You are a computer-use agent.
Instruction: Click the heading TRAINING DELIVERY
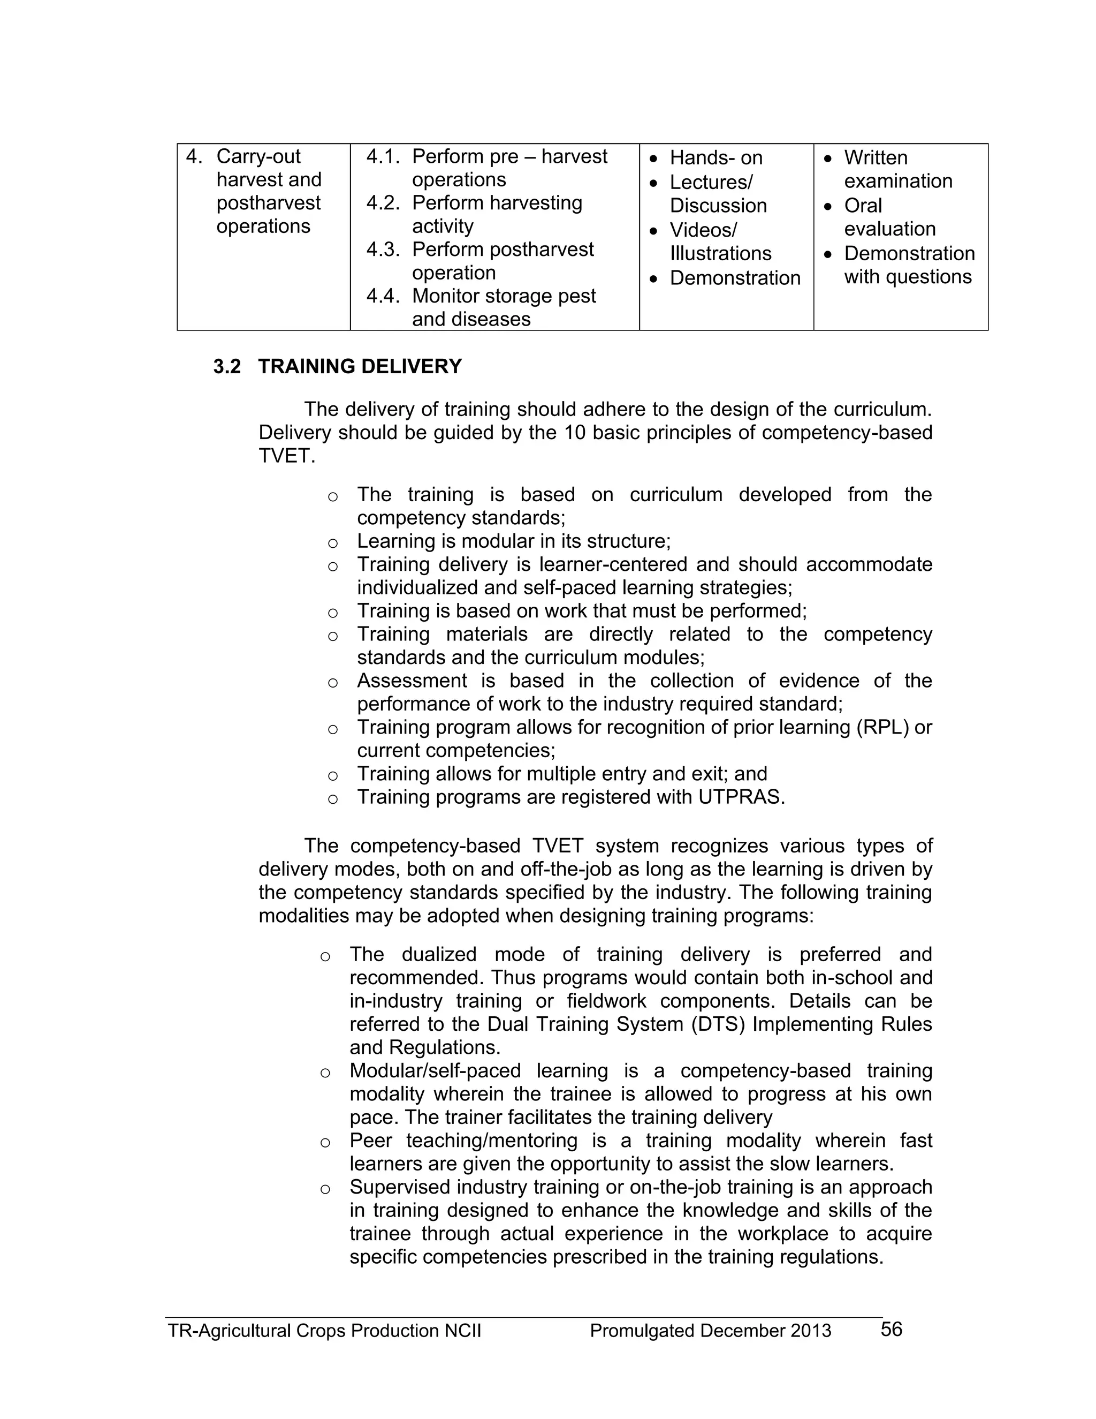click(x=360, y=367)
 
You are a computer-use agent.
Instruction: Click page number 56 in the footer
click(x=891, y=1330)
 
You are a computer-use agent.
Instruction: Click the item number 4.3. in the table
click(x=383, y=250)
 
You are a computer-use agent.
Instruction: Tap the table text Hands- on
click(x=716, y=158)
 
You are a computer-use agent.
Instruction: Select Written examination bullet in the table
click(x=897, y=169)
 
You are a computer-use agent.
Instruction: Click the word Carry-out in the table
click(x=258, y=156)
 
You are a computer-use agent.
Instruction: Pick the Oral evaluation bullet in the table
click(x=889, y=217)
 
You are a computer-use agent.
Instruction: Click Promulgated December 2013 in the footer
click(x=710, y=1331)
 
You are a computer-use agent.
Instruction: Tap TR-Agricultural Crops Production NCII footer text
click(x=324, y=1331)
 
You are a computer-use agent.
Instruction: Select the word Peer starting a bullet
click(x=371, y=1140)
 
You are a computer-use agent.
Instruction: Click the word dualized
click(x=439, y=954)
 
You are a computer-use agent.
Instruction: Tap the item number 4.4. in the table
click(x=383, y=296)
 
